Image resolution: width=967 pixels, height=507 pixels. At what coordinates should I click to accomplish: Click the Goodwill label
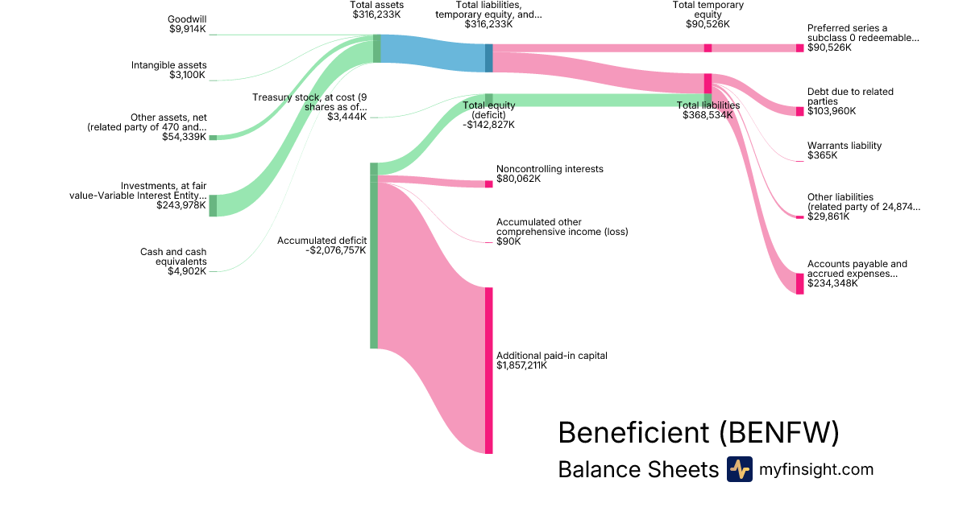(187, 19)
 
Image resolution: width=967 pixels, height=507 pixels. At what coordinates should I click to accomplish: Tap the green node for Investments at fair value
(213, 205)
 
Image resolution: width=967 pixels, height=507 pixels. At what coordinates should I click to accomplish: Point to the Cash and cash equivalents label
(173, 257)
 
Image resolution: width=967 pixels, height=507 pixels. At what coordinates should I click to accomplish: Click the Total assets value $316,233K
(376, 14)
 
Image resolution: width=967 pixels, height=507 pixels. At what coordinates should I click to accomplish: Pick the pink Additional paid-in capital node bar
(488, 370)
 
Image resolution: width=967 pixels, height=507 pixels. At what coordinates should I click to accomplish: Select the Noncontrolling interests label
(550, 169)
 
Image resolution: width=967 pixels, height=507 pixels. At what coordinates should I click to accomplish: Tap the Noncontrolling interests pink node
(488, 184)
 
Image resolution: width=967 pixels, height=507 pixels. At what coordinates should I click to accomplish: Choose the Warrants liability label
(845, 146)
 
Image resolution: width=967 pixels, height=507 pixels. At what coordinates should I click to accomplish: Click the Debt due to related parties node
(799, 111)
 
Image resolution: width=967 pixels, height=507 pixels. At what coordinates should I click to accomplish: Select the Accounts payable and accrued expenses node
(799, 283)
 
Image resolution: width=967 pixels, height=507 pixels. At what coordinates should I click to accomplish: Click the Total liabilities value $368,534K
(707, 115)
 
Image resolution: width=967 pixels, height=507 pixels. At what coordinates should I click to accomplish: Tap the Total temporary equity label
(708, 10)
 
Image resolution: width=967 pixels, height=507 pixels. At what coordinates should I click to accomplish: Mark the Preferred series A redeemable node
(799, 47)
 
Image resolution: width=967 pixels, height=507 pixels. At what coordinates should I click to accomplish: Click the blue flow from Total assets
(432, 53)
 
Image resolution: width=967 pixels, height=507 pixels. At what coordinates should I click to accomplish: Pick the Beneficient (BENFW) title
(698, 433)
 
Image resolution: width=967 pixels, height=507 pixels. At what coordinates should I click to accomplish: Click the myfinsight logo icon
(739, 469)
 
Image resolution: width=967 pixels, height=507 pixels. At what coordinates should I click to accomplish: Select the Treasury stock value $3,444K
(347, 117)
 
